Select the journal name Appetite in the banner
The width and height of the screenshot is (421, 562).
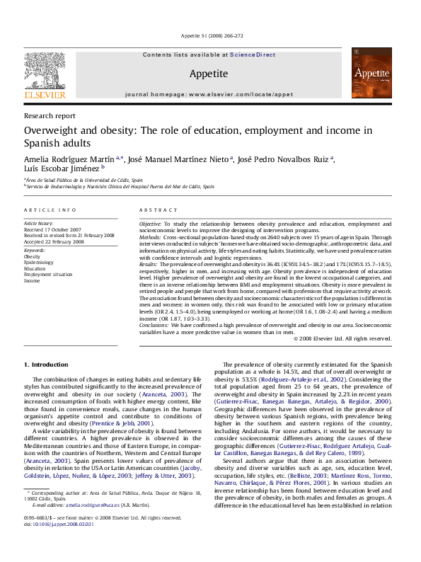point(209,74)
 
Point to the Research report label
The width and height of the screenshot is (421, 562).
point(50,115)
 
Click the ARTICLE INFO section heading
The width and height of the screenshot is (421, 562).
point(50,210)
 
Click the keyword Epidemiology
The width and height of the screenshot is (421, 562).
point(39,263)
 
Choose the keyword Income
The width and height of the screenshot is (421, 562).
point(33,280)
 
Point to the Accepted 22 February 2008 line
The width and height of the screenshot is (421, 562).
point(54,242)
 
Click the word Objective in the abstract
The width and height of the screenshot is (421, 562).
point(151,223)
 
